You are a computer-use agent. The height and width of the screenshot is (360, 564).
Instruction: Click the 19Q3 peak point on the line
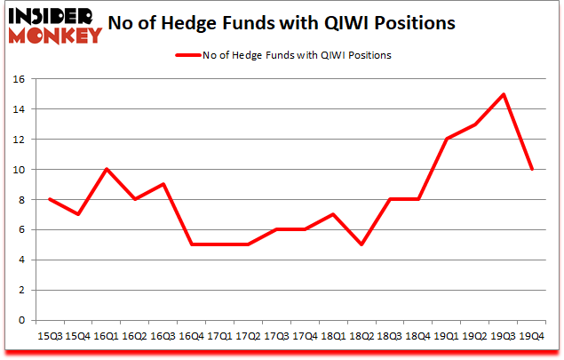pos(504,94)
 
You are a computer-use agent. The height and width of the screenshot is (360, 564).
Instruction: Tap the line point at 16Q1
pos(107,169)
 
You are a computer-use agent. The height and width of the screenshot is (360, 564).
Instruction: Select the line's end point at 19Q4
pos(532,169)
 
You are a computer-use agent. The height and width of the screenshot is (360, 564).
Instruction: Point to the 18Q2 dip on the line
pos(361,244)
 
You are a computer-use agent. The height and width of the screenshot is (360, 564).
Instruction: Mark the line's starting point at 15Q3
pos(51,199)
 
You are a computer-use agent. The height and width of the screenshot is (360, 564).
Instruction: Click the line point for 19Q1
pos(447,139)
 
